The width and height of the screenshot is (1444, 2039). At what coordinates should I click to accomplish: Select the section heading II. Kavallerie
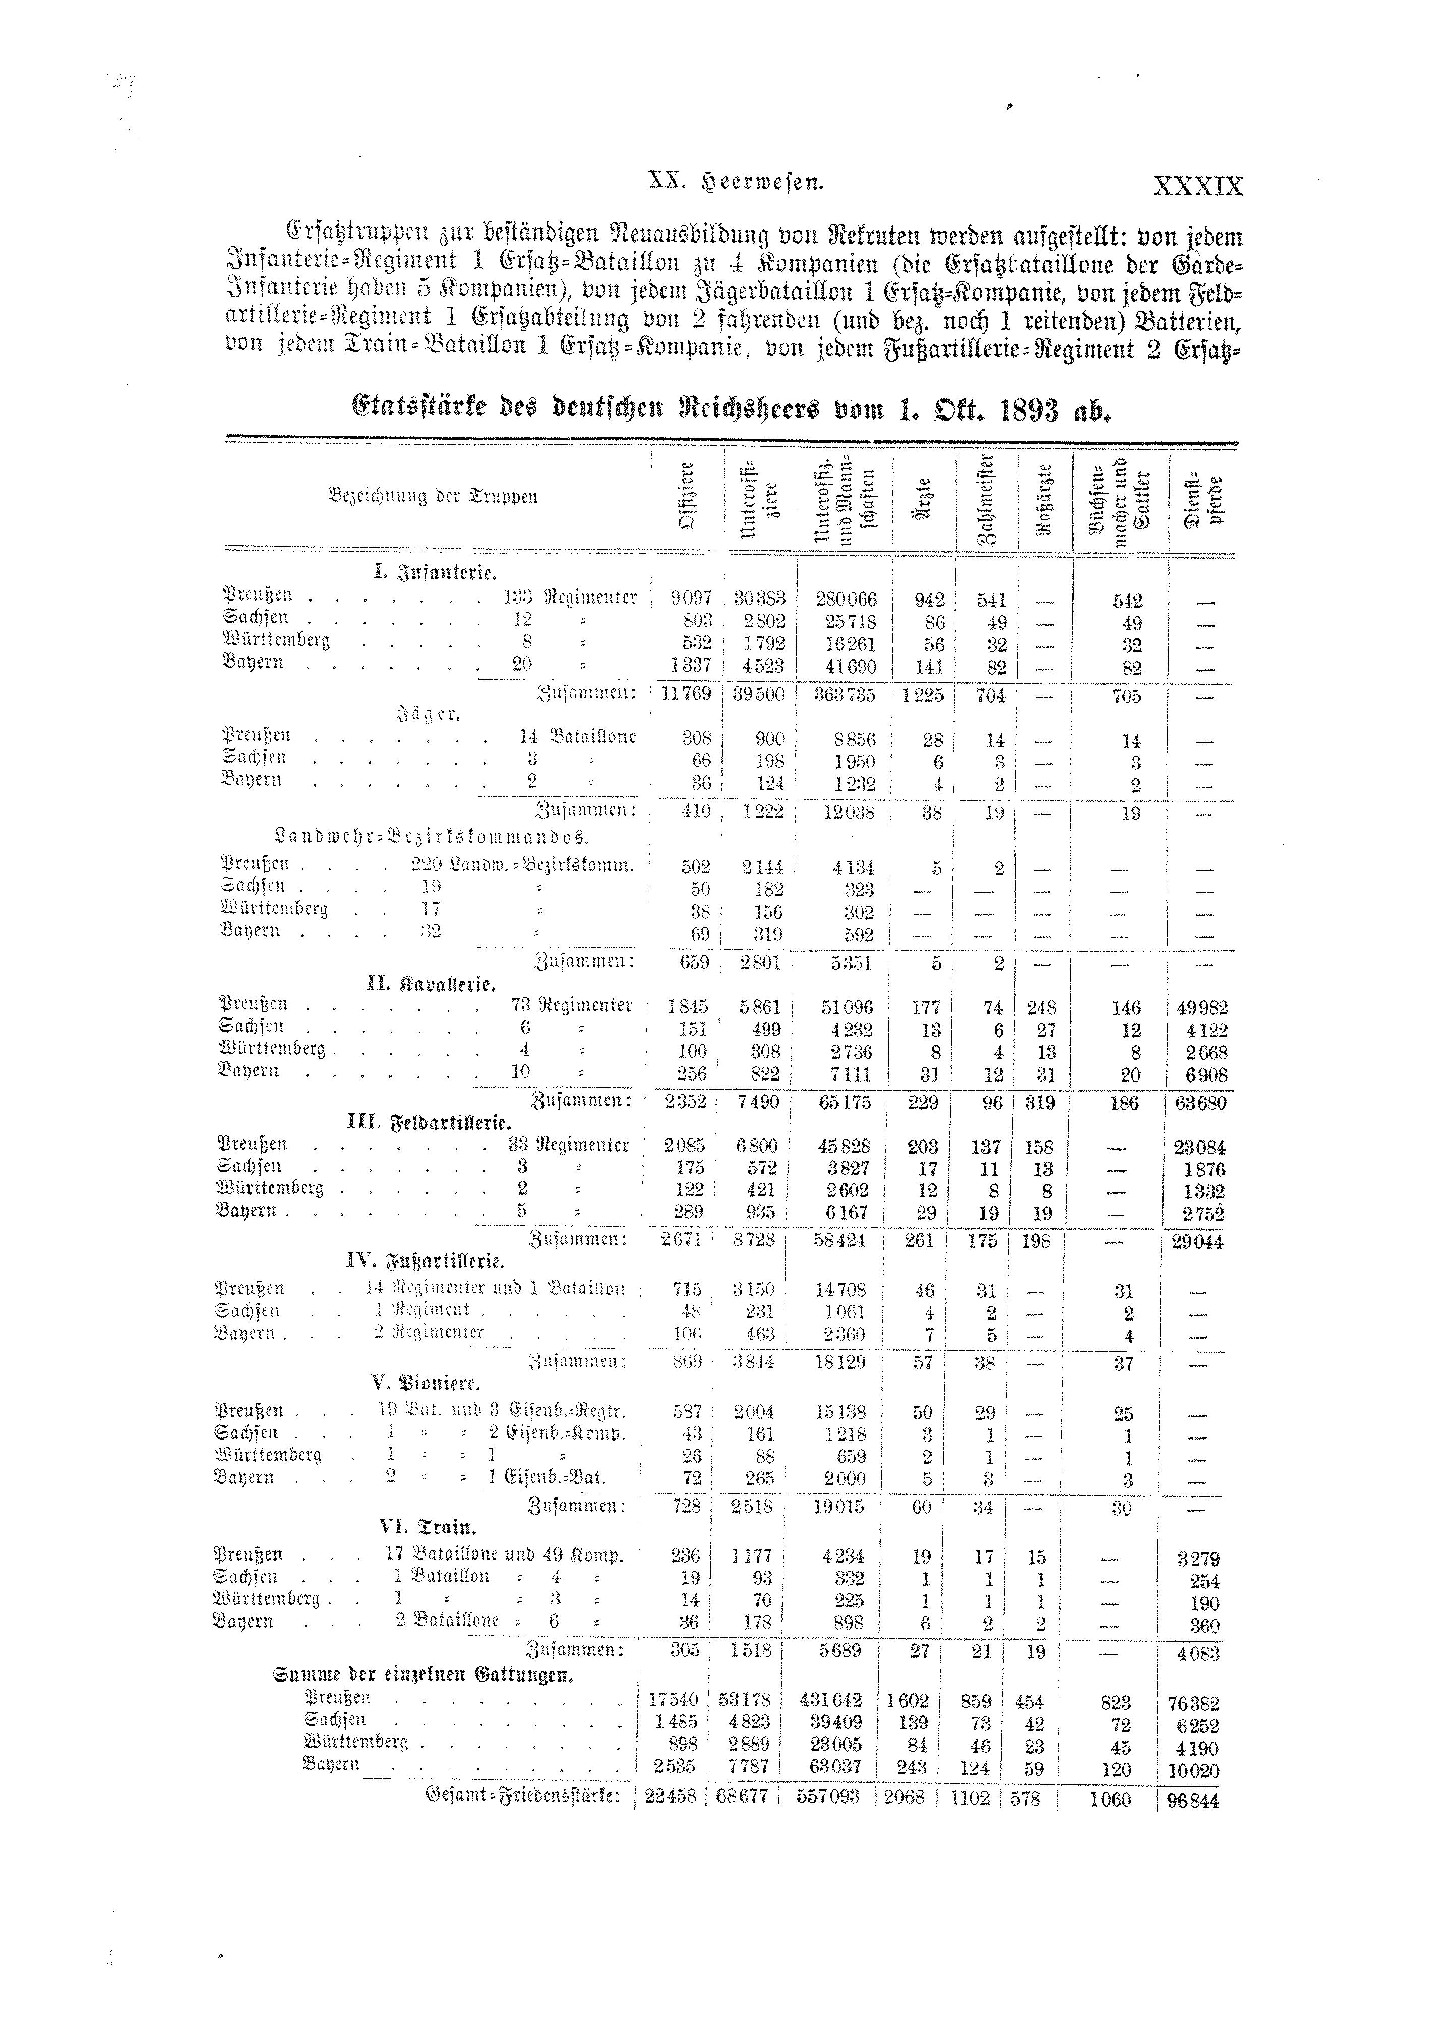[x=431, y=984]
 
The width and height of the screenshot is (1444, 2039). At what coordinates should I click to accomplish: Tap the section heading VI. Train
[x=428, y=1527]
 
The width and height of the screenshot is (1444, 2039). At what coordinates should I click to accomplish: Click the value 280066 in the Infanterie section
[x=846, y=600]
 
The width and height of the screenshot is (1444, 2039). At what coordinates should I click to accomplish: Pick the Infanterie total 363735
[x=846, y=694]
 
